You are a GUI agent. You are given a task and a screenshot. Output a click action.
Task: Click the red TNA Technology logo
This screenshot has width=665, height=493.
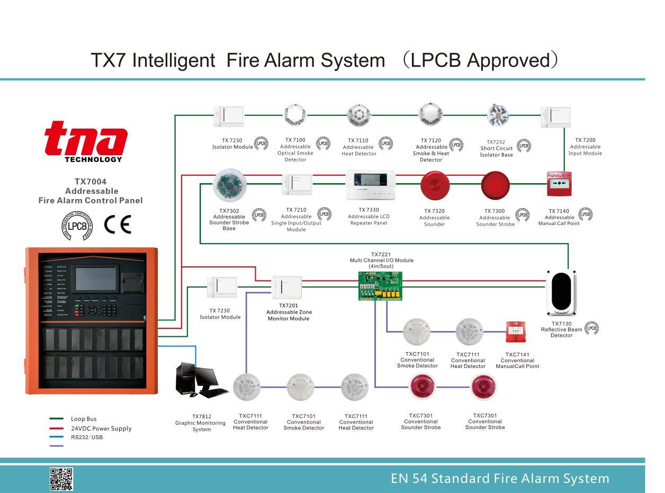(85, 140)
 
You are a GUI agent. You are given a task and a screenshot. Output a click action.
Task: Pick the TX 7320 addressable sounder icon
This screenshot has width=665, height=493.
(435, 186)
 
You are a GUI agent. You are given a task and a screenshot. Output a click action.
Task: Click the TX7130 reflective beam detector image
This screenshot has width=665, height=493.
(561, 292)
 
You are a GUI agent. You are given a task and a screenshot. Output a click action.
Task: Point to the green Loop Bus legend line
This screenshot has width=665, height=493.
(56, 419)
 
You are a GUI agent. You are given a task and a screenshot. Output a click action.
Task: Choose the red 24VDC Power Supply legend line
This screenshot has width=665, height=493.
(56, 428)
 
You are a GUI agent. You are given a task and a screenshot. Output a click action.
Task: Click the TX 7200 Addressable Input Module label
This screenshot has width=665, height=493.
(585, 147)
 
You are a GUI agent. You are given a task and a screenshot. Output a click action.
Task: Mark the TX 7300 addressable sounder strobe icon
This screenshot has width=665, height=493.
(495, 186)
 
